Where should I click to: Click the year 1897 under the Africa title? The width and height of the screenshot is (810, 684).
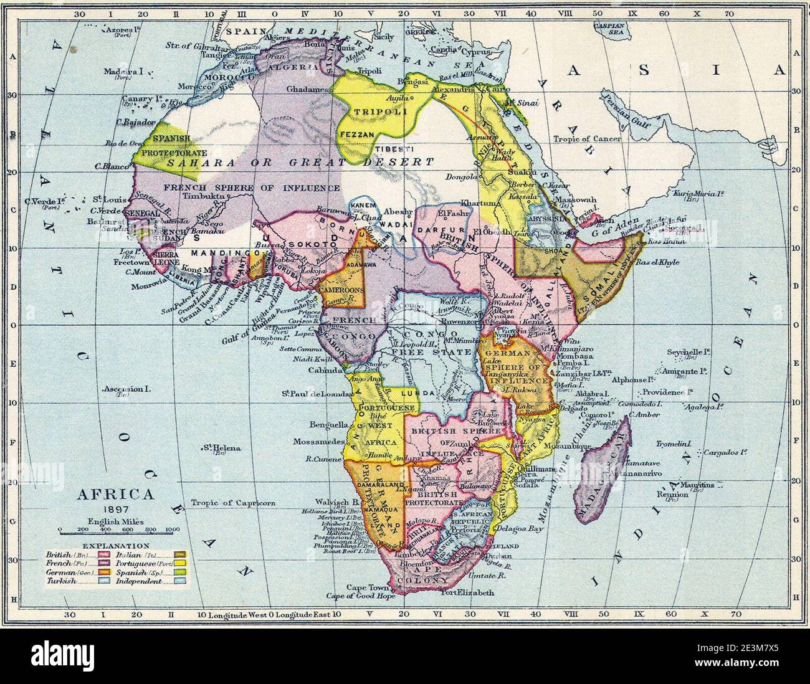pos(114,509)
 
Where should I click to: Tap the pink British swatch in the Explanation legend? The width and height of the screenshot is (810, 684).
pos(102,554)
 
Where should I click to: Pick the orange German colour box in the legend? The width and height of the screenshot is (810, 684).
pos(102,572)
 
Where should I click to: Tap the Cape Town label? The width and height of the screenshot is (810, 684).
pos(363,587)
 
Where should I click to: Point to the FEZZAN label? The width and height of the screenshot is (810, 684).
pos(356,134)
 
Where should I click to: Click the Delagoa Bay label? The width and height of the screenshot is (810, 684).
pos(520,528)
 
